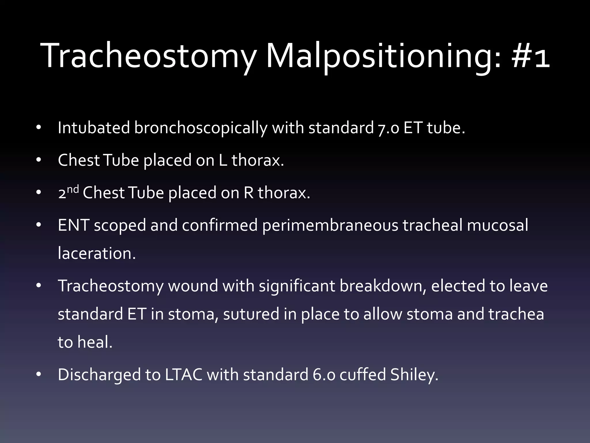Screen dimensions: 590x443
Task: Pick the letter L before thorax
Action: pyautogui.click(x=223, y=160)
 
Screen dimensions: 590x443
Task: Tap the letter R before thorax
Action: pyautogui.click(x=248, y=193)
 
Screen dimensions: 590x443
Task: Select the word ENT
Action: pyautogui.click(x=73, y=225)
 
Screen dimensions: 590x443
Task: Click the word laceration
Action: pyautogui.click(x=97, y=254)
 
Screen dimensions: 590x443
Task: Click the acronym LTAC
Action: pyautogui.click(x=184, y=375)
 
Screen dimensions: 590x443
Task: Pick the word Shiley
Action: pyautogui.click(x=414, y=375)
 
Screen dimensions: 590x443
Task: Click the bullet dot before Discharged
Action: pyautogui.click(x=39, y=375)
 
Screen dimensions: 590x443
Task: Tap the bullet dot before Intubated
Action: pyautogui.click(x=39, y=128)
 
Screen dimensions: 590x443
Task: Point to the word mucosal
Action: pyautogui.click(x=498, y=225)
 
